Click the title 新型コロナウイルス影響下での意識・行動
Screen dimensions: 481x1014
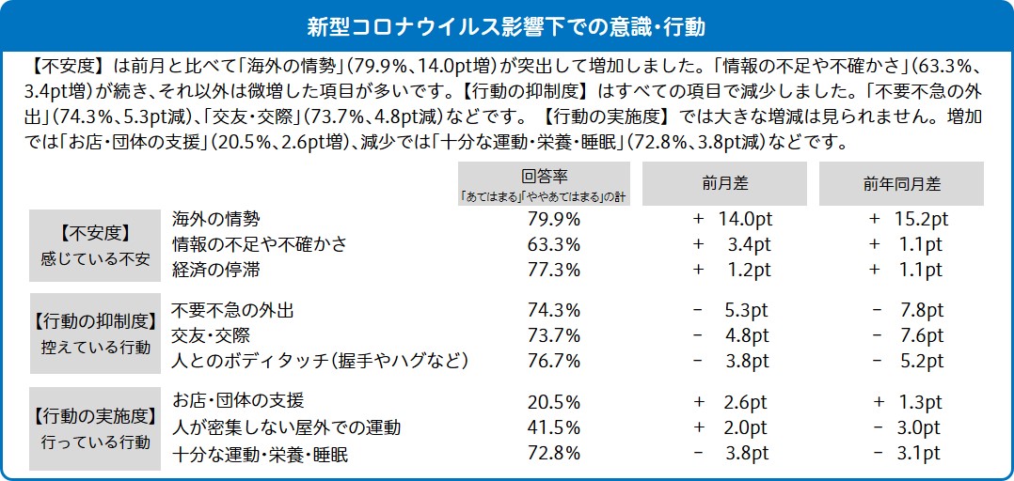pyautogui.click(x=506, y=24)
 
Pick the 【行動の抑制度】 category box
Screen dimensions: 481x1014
pyautogui.click(x=94, y=335)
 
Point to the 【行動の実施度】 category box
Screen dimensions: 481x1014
pyautogui.click(x=94, y=427)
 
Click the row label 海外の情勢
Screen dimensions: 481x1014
pyautogui.click(x=215, y=220)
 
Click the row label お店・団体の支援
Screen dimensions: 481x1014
pyautogui.click(x=238, y=401)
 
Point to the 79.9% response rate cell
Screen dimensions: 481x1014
pyautogui.click(x=554, y=220)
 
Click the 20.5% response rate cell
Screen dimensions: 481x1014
pyautogui.click(x=554, y=402)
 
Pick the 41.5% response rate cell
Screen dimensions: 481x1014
pyautogui.click(x=554, y=428)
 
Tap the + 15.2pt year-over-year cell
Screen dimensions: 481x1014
pyautogui.click(x=908, y=220)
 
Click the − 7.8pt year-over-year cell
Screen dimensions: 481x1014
pyautogui.click(x=908, y=310)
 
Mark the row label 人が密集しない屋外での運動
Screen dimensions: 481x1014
pyautogui.click(x=286, y=428)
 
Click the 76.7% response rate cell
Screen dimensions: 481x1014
pyautogui.click(x=554, y=362)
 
